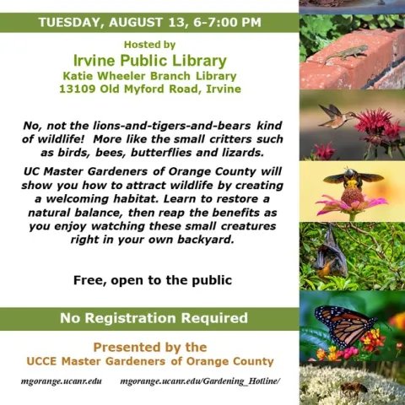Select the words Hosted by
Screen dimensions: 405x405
point(149,44)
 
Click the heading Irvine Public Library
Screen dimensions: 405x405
point(149,60)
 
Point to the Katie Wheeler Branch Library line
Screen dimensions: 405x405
point(149,75)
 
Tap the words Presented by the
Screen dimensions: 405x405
point(149,347)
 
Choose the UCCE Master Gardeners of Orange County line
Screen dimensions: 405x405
point(149,361)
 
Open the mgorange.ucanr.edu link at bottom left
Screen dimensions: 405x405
point(61,381)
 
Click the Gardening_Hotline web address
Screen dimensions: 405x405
point(200,381)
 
